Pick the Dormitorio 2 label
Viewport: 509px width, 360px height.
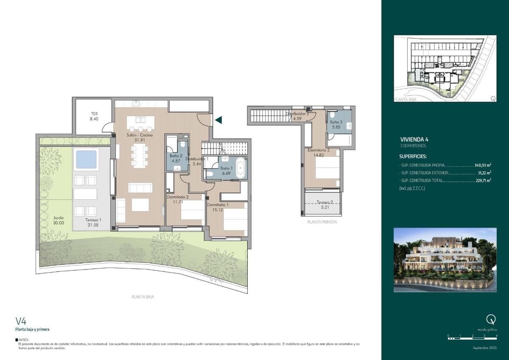coord(178,197)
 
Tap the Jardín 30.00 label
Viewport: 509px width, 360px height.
coord(59,217)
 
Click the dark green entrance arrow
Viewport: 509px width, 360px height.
coord(218,120)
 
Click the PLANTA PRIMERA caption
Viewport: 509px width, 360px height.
coord(322,222)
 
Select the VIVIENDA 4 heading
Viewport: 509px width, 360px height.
coord(414,139)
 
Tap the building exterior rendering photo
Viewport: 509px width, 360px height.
coord(445,260)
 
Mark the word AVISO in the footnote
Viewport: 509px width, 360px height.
coord(25,340)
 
